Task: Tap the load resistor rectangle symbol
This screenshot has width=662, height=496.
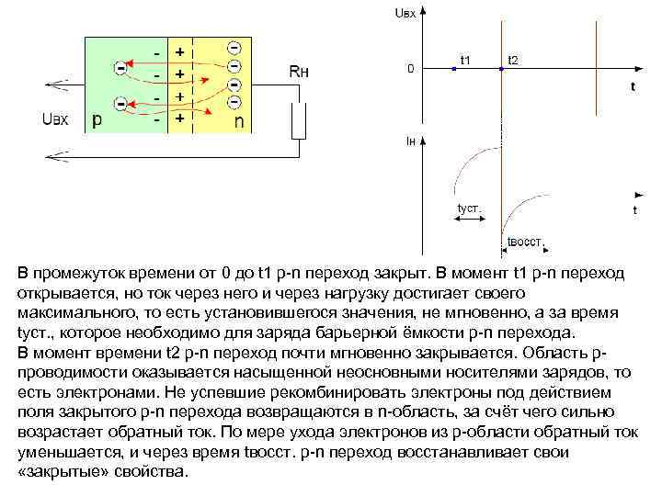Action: [298, 119]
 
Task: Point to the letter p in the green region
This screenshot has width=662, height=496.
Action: [97, 119]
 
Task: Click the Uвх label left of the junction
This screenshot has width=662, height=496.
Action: [55, 118]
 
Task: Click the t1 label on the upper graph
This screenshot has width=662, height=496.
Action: [466, 60]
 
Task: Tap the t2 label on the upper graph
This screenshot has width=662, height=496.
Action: [513, 61]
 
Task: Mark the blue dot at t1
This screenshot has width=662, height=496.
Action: [454, 69]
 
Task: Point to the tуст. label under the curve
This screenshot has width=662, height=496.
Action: [469, 209]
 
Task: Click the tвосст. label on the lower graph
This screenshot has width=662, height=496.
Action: [525, 242]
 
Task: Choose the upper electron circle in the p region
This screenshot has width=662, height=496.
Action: [120, 67]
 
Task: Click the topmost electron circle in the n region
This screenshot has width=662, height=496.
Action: [234, 47]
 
